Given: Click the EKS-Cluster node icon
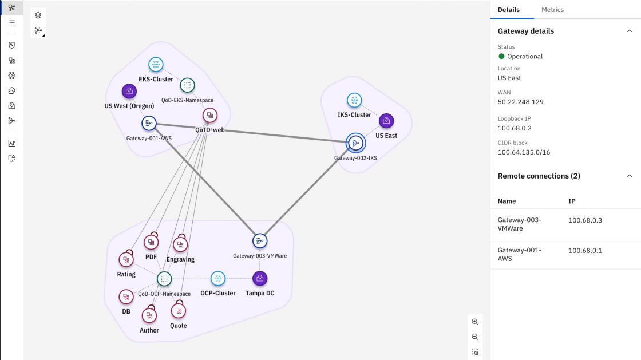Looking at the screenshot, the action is coord(156,64).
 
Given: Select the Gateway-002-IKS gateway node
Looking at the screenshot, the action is coord(355,143).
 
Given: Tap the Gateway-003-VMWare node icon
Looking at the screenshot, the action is coord(260,241).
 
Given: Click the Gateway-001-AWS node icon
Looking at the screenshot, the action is coord(149,124).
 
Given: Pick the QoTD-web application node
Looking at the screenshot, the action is coord(210,116).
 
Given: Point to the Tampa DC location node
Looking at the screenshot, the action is coord(260,279).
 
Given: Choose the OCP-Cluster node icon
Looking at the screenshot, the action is coord(218,279).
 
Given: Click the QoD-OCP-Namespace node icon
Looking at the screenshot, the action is coord(164,279).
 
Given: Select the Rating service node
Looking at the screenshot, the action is coord(126,259).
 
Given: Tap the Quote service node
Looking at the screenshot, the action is coord(178,311).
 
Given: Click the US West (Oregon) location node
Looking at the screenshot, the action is coord(129,91).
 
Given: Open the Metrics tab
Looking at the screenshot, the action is coord(553,10).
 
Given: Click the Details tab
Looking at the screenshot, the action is coord(509,10).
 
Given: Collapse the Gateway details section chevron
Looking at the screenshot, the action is coord(630,31).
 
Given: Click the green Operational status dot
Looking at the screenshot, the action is coord(501,57).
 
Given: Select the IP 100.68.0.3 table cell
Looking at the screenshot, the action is coord(585,220).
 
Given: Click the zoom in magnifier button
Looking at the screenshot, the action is coord(475,322).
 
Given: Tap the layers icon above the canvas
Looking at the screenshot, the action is coord(38,15).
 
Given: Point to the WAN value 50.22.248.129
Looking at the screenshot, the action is coord(520,102).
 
